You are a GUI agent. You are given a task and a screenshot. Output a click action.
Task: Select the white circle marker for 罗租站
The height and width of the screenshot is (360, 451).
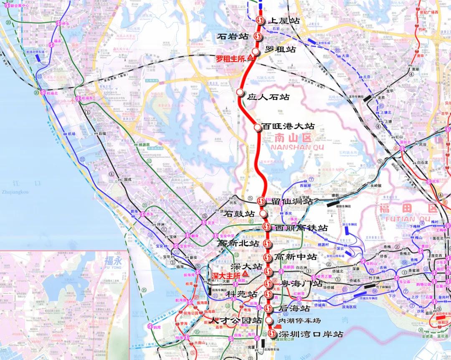click(256, 50)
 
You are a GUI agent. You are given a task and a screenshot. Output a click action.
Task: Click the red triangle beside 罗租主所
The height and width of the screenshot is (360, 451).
click(251, 58)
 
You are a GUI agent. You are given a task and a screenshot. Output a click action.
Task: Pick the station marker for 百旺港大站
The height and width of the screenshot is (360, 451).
click(258, 127)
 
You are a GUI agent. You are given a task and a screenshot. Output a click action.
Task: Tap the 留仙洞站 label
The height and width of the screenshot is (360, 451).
click(292, 201)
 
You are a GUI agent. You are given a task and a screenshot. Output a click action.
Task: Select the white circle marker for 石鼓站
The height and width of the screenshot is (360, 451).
click(263, 213)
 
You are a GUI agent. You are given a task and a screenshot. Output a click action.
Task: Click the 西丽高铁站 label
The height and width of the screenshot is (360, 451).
click(301, 228)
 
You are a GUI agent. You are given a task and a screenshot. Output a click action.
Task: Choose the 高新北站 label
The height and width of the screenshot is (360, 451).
click(239, 243)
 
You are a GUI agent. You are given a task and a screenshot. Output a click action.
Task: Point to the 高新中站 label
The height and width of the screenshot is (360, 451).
click(296, 257)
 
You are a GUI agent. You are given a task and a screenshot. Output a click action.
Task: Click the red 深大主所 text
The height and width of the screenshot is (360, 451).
click(225, 276)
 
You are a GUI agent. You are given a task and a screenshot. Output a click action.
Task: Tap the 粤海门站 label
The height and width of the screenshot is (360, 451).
click(301, 284)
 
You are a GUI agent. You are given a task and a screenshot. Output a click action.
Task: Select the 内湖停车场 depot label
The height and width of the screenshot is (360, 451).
click(300, 321)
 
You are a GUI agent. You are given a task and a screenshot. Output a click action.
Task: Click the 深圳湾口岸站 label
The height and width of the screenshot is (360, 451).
click(311, 335)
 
